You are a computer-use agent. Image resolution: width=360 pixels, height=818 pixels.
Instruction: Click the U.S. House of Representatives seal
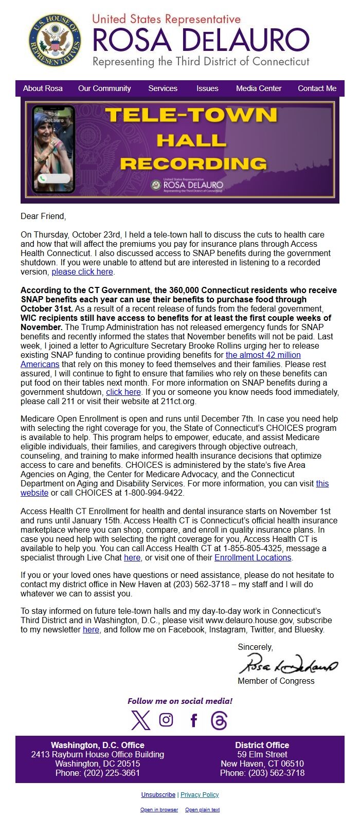[55, 40]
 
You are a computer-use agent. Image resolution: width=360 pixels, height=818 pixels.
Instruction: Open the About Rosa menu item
[43, 88]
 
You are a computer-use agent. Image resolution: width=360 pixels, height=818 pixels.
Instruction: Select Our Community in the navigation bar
[104, 88]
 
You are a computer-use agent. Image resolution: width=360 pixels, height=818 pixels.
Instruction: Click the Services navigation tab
[163, 88]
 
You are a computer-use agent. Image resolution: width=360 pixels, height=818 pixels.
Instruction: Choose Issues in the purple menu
[207, 88]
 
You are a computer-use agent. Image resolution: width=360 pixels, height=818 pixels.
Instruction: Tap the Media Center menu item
[259, 88]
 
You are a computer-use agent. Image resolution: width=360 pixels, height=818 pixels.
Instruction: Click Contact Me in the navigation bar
[317, 88]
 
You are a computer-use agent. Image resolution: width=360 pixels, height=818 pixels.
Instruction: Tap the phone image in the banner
[53, 149]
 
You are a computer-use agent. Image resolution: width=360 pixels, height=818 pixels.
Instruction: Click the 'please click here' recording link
[82, 272]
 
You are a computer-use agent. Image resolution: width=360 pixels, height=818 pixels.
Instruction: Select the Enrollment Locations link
[253, 558]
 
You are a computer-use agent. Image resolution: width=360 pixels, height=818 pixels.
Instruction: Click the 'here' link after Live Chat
[132, 558]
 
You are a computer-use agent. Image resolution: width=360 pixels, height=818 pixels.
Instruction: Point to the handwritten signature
[288, 664]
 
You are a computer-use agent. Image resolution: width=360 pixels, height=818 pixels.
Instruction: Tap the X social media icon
[140, 720]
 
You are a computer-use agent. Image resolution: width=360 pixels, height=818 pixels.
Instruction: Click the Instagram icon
[166, 720]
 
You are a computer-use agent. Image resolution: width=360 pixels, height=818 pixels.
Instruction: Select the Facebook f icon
[194, 720]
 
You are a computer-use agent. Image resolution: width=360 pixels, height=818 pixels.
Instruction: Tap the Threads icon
[219, 720]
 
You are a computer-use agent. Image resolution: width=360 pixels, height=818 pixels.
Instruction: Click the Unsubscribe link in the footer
[158, 795]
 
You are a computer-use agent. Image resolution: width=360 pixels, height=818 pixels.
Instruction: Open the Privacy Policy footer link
[200, 795]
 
